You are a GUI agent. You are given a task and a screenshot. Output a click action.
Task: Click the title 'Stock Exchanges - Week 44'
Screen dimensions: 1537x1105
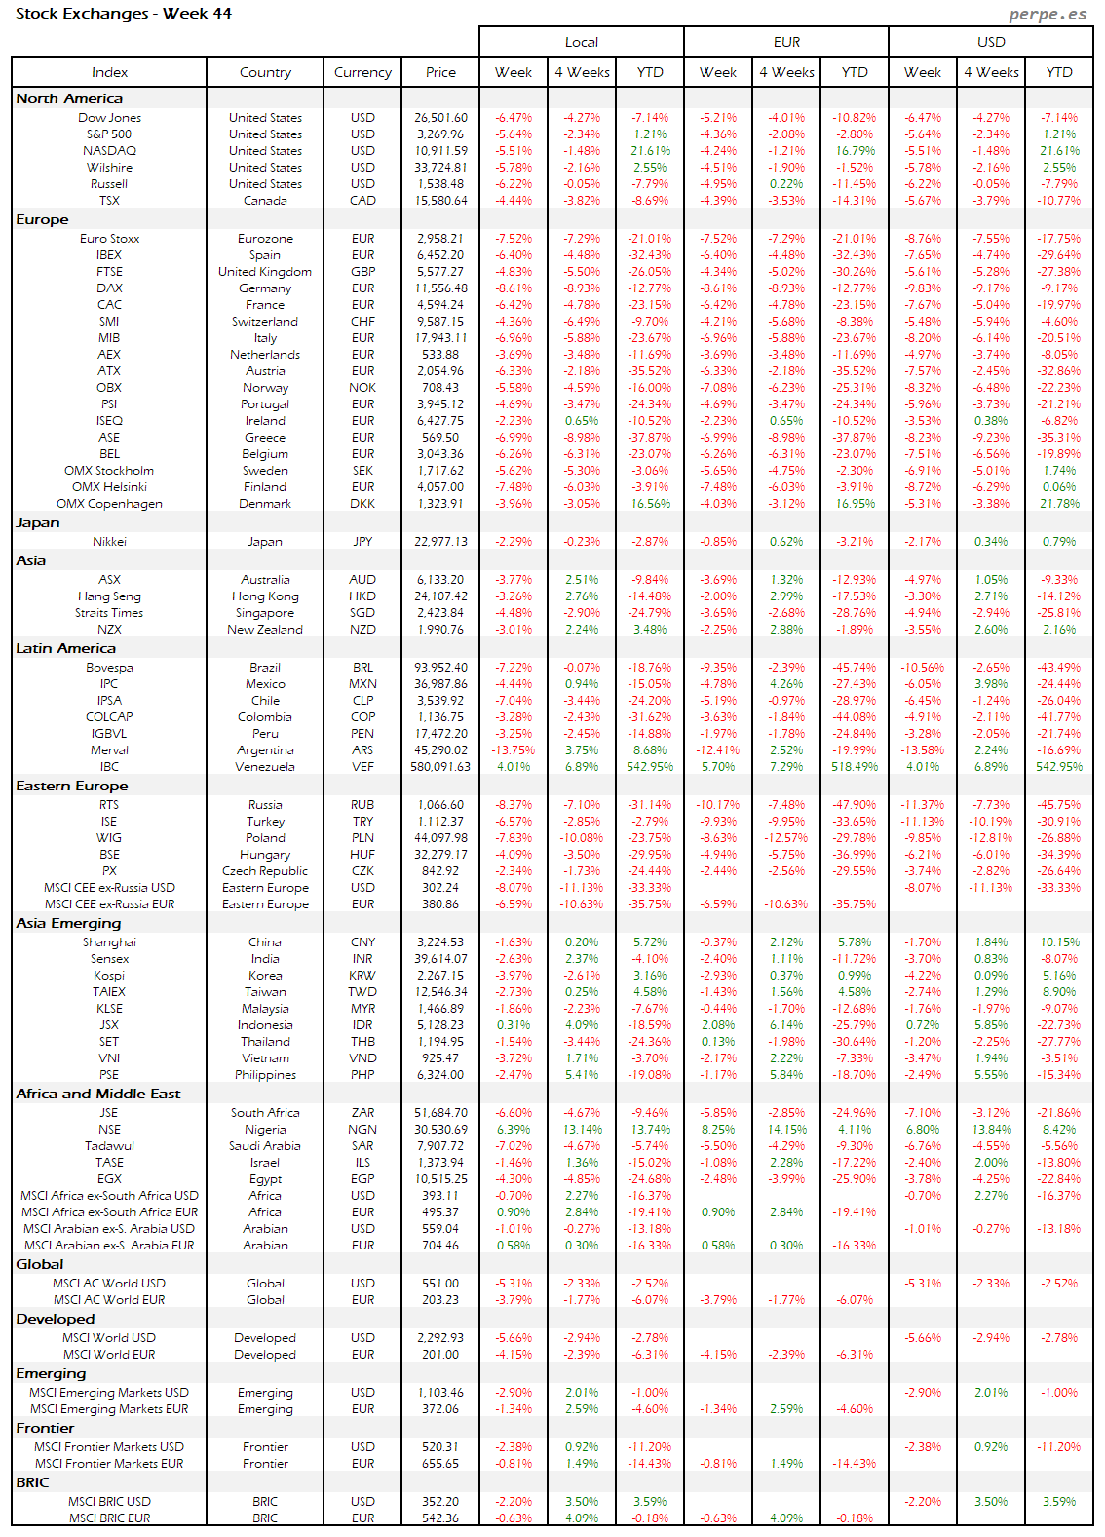tap(124, 14)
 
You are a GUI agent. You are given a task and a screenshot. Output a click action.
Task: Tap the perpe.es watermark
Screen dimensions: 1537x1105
tap(1048, 14)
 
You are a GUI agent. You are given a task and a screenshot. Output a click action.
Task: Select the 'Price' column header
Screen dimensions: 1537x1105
tap(440, 72)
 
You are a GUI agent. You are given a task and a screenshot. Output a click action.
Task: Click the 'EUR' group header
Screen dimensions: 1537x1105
tap(786, 42)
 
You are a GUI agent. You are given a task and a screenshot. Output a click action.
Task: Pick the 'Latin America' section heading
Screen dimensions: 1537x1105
tap(65, 648)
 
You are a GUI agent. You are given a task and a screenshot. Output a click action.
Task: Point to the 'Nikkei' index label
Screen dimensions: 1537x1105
tap(109, 542)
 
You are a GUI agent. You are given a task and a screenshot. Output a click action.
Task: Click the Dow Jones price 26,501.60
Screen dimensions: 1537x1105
tap(440, 118)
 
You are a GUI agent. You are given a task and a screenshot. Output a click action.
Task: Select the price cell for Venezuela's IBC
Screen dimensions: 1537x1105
tap(440, 767)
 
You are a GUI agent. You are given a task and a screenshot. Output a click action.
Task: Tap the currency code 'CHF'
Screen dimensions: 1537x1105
tap(362, 322)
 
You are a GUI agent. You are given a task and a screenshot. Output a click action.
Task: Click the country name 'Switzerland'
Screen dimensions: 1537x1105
tap(265, 322)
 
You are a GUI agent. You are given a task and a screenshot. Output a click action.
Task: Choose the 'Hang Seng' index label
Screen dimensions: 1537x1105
tap(109, 596)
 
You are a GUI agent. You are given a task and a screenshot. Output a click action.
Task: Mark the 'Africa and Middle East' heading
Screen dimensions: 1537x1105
tap(98, 1094)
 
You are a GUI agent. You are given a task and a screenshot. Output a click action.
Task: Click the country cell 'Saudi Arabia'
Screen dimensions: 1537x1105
tap(265, 1146)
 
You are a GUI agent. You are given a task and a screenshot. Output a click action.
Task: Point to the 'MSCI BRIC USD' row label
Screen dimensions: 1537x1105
tap(109, 1502)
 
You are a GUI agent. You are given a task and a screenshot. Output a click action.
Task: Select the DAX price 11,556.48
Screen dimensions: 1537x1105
tap(441, 288)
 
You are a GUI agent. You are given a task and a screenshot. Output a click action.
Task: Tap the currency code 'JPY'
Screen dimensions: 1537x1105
tap(362, 542)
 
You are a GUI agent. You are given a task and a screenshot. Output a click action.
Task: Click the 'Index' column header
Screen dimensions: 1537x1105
tap(109, 72)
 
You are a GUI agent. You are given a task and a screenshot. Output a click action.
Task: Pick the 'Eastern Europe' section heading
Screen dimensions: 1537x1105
tap(72, 786)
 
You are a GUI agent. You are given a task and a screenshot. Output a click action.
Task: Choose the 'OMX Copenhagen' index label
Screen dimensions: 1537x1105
tap(109, 504)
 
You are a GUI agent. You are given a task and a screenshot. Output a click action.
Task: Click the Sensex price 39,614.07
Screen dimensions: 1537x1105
tap(441, 959)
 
